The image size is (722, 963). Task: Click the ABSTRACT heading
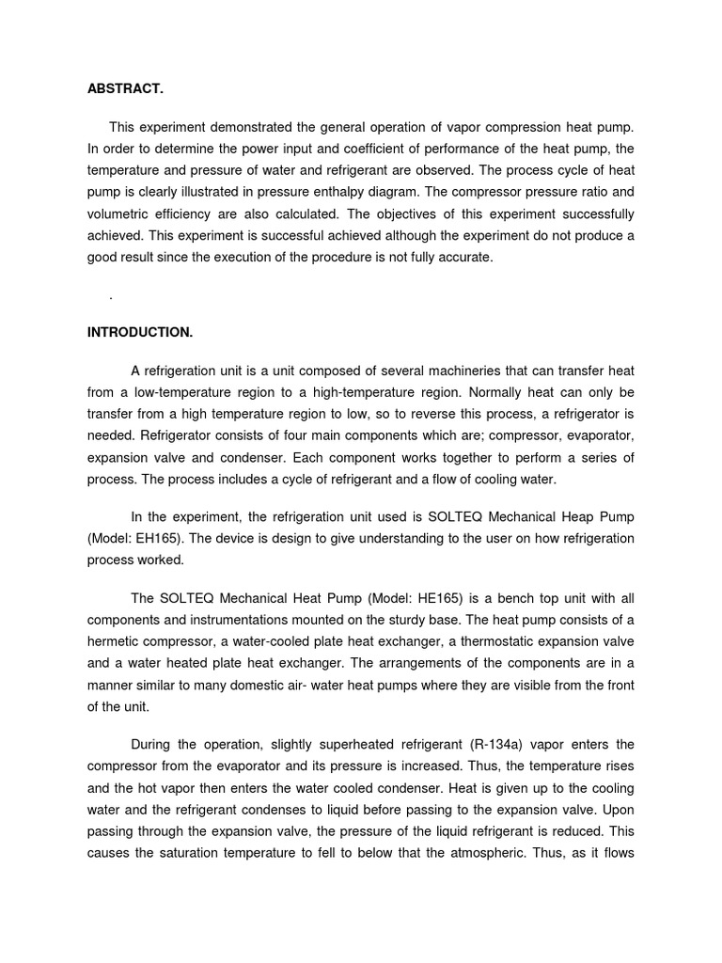125,89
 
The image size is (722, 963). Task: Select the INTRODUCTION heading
140,332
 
